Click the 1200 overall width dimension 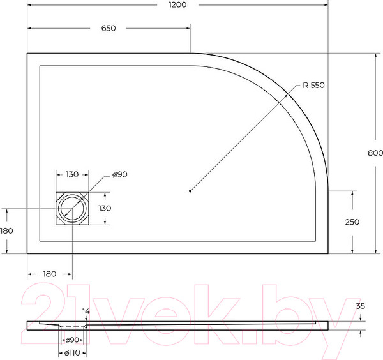(177, 5)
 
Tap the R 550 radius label (314, 86)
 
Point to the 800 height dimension (375, 153)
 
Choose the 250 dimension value (352, 222)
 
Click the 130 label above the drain (72, 174)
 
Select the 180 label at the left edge (6, 230)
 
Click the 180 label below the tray (49, 274)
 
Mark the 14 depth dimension (86, 311)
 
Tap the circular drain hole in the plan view (72, 208)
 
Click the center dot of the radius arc (191, 190)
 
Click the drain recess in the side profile (71, 326)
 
